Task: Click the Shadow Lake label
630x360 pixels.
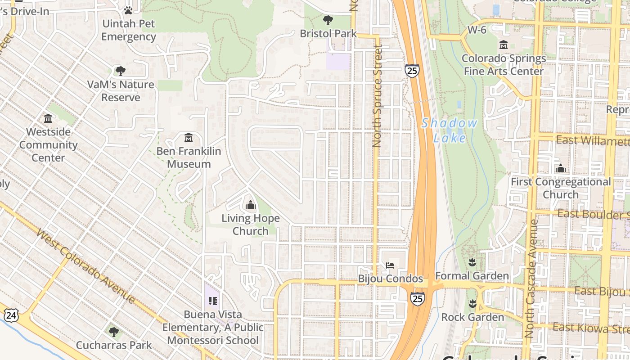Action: pyautogui.click(x=449, y=130)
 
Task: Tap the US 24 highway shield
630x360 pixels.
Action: pyautogui.click(x=11, y=315)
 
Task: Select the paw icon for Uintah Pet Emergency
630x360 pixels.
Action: pyautogui.click(x=128, y=10)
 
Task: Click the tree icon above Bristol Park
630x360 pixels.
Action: pyautogui.click(x=328, y=20)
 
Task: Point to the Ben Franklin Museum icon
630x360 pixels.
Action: pyautogui.click(x=189, y=137)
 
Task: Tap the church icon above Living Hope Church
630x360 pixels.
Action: pyautogui.click(x=251, y=205)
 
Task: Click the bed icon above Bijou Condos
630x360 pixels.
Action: pyautogui.click(x=390, y=265)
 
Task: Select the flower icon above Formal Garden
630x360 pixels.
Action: pyautogui.click(x=472, y=262)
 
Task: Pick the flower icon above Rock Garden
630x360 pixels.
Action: pyautogui.click(x=472, y=304)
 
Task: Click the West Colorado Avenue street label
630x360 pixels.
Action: pyautogui.click(x=85, y=265)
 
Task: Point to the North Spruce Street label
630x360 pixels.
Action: pyautogui.click(x=377, y=97)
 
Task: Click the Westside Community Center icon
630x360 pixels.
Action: pyautogui.click(x=48, y=118)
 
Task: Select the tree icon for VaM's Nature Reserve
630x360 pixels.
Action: pyautogui.click(x=120, y=71)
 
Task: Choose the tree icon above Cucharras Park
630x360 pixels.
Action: pyautogui.click(x=114, y=332)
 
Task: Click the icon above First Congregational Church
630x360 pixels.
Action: pyautogui.click(x=560, y=169)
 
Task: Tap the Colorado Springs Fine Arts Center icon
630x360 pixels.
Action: pyautogui.click(x=504, y=45)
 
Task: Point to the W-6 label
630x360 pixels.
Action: pyautogui.click(x=477, y=30)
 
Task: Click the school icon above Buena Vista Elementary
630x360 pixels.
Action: pyautogui.click(x=213, y=301)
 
